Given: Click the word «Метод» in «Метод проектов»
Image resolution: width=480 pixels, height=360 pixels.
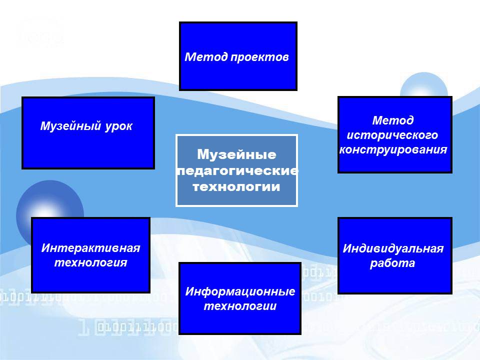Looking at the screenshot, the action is click(206, 57).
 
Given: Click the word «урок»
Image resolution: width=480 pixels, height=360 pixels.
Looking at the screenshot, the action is click(119, 126).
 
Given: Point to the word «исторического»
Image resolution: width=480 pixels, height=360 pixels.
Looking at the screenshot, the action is click(392, 135).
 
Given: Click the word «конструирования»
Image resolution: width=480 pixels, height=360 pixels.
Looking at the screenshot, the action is click(393, 150).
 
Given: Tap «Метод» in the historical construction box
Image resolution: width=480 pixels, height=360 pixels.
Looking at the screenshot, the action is click(393, 120).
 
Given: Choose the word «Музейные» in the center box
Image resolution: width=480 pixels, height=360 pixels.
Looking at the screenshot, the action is click(236, 154).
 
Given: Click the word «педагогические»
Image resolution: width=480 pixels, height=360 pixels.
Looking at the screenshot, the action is click(237, 171).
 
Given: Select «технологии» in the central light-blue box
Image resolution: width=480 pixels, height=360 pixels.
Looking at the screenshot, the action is click(236, 186).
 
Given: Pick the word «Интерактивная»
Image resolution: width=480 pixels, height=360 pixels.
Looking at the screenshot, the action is click(90, 248).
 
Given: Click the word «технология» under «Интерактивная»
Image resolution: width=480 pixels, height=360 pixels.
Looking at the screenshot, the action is click(90, 262).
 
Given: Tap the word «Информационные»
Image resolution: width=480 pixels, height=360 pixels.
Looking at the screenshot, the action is click(240, 291).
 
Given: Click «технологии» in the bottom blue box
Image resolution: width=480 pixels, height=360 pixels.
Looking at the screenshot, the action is click(240, 306).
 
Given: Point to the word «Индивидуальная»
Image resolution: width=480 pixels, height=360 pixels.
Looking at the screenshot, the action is click(393, 249).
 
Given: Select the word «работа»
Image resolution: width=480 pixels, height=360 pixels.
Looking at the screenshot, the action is click(392, 263).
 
